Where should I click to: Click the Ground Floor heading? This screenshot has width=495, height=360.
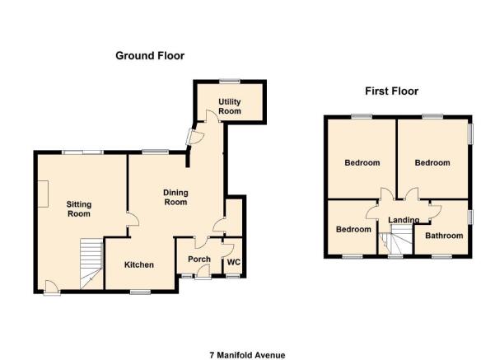point(150,56)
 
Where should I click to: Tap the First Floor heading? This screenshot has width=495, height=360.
point(392,91)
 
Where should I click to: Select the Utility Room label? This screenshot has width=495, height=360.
point(230,106)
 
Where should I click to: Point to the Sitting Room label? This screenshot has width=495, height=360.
point(79,209)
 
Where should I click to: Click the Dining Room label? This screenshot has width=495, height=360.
point(175,198)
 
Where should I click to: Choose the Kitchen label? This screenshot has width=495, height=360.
point(139,264)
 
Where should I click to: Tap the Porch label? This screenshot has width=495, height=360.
point(199,259)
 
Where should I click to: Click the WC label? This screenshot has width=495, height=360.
point(234,263)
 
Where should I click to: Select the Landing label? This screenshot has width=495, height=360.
point(404,220)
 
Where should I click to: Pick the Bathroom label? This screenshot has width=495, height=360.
point(444,236)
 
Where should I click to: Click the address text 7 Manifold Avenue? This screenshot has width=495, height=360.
point(247,355)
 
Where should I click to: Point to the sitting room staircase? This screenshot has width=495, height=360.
point(91,264)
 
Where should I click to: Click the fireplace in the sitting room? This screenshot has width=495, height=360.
point(43,194)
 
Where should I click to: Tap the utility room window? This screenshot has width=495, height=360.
point(230,82)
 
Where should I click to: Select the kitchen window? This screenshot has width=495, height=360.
point(141,292)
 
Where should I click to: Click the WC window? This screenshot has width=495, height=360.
point(233,277)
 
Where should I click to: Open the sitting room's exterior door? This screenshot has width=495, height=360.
point(52,288)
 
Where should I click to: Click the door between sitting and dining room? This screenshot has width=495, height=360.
point(133,219)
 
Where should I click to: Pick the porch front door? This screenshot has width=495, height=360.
point(203,272)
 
